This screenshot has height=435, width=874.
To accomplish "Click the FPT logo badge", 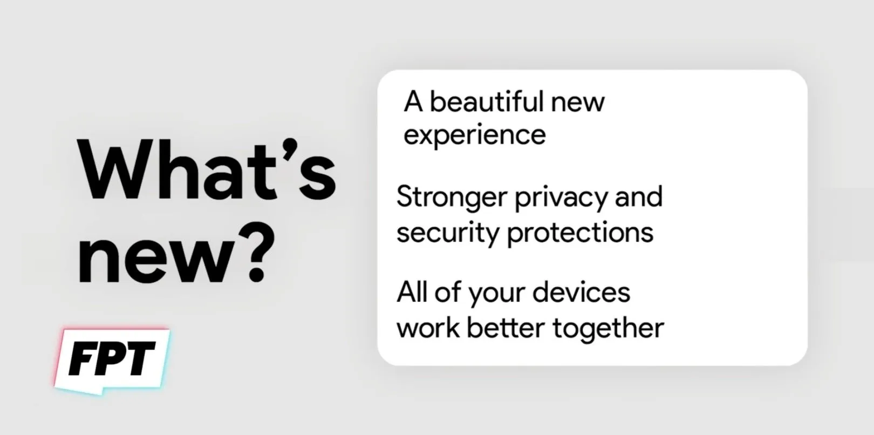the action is click(x=112, y=361).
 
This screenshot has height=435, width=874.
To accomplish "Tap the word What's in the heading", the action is click(x=207, y=170).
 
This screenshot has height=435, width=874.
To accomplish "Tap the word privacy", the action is click(x=561, y=199).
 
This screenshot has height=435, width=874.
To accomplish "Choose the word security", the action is click(x=448, y=234).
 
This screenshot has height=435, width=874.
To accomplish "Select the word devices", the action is click(x=582, y=292).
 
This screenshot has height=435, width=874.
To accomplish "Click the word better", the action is click(x=506, y=327).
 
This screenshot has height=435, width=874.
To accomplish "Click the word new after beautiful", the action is click(x=578, y=103).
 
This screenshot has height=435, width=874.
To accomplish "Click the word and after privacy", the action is click(x=639, y=197).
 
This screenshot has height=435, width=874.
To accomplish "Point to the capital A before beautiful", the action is click(x=413, y=101).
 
